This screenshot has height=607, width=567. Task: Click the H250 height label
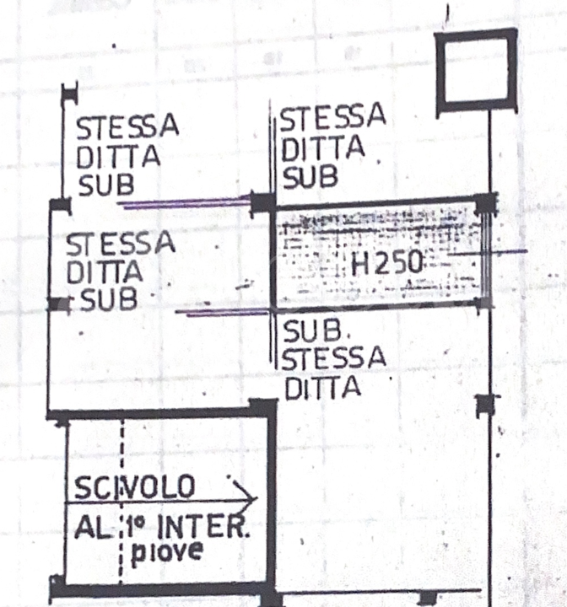[386, 264]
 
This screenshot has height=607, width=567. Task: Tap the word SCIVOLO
[135, 487]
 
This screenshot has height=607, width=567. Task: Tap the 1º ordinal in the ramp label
[136, 526]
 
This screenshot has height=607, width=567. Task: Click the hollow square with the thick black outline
[475, 71]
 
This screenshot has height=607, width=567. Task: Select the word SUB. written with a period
[311, 330]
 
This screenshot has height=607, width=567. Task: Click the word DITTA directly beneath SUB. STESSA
[323, 387]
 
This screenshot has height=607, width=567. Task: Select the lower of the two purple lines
[226, 313]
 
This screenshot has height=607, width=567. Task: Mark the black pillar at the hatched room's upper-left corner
[263, 202]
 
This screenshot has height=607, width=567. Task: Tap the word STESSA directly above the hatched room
[332, 118]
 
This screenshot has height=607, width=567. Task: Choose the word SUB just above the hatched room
[310, 178]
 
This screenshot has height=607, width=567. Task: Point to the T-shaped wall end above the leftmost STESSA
[70, 93]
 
